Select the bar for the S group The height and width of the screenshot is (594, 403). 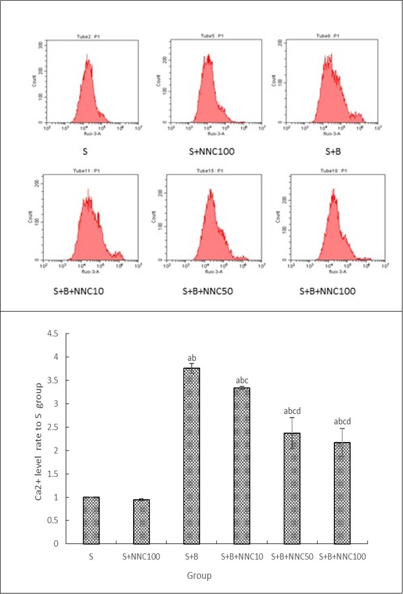[x=91, y=520]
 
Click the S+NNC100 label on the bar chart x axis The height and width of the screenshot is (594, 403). [x=141, y=557]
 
